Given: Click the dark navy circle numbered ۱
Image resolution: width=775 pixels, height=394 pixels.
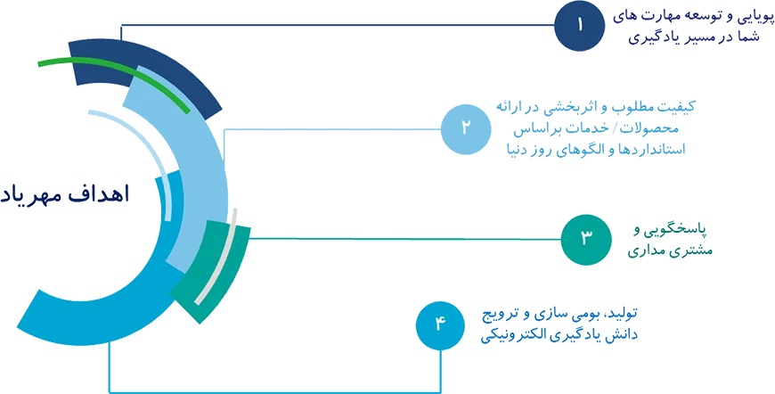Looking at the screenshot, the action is point(578,25).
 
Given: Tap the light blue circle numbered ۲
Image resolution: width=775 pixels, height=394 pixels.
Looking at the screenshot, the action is point(466,127).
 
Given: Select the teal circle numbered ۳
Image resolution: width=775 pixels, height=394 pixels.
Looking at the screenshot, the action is point(585,238).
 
